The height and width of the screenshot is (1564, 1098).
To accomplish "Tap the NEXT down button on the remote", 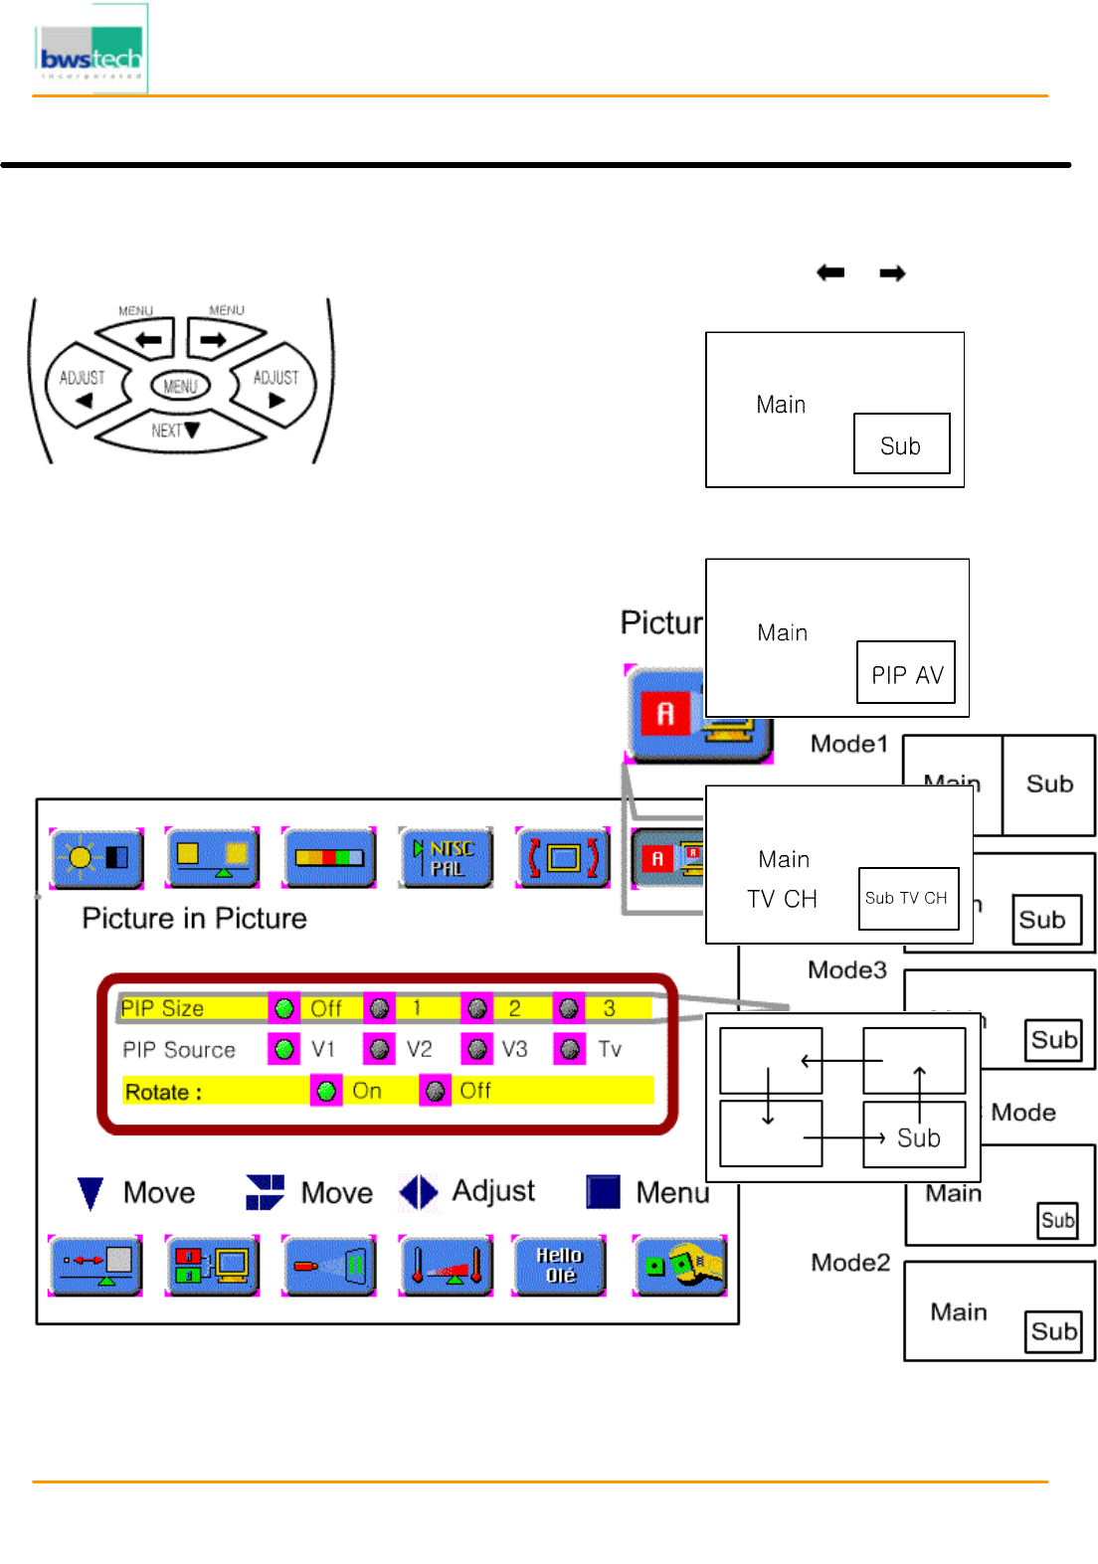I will pyautogui.click(x=177, y=431).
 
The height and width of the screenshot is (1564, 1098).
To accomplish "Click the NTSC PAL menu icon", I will pyautogui.click(x=446, y=857).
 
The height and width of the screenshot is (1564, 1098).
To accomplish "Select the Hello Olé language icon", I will pyautogui.click(x=559, y=1266).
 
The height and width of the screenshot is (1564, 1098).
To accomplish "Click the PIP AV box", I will pyautogui.click(x=906, y=673).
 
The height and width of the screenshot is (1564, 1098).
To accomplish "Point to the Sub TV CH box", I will pyautogui.click(x=907, y=898).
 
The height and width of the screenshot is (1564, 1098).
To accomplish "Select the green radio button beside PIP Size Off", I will pyautogui.click(x=284, y=1008).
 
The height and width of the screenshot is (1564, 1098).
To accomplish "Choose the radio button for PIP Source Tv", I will pyautogui.click(x=570, y=1049).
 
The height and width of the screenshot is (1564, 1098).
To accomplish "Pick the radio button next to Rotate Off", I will pyautogui.click(x=435, y=1091).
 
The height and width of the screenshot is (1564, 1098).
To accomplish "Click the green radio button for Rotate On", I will pyautogui.click(x=326, y=1091).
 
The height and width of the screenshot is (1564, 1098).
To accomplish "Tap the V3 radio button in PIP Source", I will pyautogui.click(x=477, y=1049).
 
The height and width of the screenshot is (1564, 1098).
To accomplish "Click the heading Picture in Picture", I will pyautogui.click(x=194, y=918).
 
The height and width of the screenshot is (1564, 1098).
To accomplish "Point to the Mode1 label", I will pyautogui.click(x=848, y=744).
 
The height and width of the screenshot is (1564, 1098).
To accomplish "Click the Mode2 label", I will pyautogui.click(x=850, y=1263).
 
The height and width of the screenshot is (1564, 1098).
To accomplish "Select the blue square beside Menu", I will pyautogui.click(x=603, y=1191).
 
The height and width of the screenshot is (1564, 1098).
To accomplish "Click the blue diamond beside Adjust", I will pyautogui.click(x=419, y=1192).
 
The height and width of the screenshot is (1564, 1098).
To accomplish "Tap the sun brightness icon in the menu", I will pyautogui.click(x=96, y=857).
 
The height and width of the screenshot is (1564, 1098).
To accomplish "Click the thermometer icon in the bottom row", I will pyautogui.click(x=446, y=1266).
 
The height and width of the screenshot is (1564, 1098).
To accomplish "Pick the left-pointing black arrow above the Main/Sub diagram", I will pyautogui.click(x=830, y=272).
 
